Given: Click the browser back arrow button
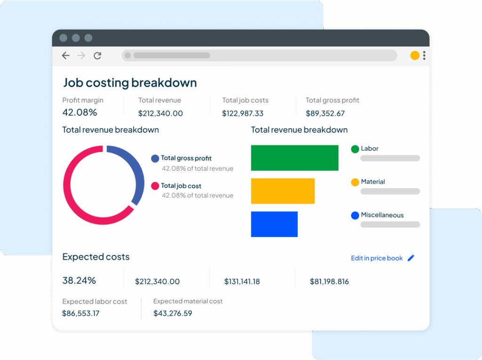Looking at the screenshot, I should click(x=66, y=56).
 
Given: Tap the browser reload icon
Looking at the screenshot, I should click(x=97, y=56).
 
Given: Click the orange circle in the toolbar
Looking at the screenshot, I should click(x=415, y=56).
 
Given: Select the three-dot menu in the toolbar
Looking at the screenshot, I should click(x=424, y=56).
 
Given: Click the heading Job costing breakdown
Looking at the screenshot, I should click(x=130, y=83).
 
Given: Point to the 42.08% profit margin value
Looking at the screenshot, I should click(x=80, y=112).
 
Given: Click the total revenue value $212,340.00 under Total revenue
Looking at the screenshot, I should click(x=161, y=113).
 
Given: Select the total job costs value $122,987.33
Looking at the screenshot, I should click(x=242, y=113).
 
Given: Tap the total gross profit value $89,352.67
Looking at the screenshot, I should click(x=325, y=113).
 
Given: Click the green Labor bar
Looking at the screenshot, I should click(x=295, y=158).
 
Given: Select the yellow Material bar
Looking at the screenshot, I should click(x=282, y=191).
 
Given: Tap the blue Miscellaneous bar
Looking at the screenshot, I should click(x=274, y=224).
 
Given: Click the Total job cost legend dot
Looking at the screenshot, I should click(x=155, y=186).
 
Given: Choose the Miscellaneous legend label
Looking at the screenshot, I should click(x=382, y=215).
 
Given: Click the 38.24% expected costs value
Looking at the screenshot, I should click(x=79, y=280).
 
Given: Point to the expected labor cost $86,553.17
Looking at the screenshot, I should click(x=80, y=313).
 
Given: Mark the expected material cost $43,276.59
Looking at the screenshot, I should click(x=173, y=313).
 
